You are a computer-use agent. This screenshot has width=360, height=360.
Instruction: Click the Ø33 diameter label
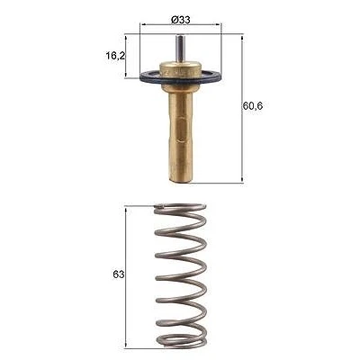181,20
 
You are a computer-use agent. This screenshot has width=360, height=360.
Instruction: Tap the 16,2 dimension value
115,56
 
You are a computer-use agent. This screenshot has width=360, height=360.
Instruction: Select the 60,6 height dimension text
253,105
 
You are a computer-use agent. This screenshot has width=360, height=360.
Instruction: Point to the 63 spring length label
119,274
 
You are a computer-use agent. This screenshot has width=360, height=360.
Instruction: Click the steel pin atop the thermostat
180,49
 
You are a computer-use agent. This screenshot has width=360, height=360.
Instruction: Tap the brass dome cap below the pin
180,68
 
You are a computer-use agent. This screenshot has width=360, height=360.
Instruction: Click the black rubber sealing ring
181,77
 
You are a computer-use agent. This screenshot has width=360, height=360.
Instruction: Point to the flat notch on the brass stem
181,130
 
